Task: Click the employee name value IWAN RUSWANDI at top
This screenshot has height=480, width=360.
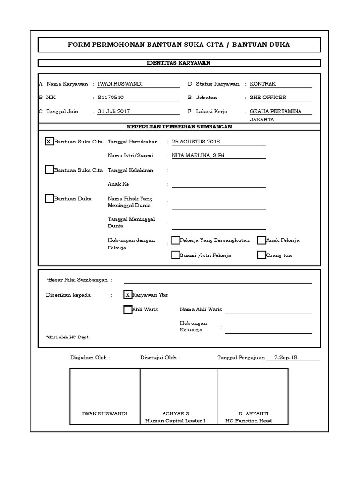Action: (x=120, y=84)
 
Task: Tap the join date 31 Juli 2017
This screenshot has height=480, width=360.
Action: (x=114, y=111)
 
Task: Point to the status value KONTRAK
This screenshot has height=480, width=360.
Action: (x=262, y=84)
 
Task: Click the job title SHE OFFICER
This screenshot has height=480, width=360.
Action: (x=268, y=97)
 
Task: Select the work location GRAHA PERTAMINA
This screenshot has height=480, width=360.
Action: (x=275, y=111)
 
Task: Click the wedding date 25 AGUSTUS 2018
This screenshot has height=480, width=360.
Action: (x=196, y=142)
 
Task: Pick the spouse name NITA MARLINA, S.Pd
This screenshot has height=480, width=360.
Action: (x=198, y=155)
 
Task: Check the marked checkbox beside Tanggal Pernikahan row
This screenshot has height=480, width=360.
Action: (x=50, y=141)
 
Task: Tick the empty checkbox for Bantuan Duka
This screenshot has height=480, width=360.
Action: (x=50, y=198)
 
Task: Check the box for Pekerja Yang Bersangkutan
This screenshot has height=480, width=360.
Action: (x=175, y=240)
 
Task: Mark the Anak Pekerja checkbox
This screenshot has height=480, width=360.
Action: (x=262, y=240)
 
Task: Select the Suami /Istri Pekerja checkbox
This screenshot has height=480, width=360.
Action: (x=175, y=255)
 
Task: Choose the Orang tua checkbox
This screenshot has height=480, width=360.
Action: (x=262, y=255)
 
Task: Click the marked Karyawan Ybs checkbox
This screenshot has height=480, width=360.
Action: (x=127, y=295)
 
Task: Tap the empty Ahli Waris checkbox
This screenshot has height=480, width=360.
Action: (x=127, y=309)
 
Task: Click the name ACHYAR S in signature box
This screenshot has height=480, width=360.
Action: (x=175, y=413)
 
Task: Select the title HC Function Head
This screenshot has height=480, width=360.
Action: (x=248, y=420)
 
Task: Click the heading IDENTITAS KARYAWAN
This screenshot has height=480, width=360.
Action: (x=179, y=63)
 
